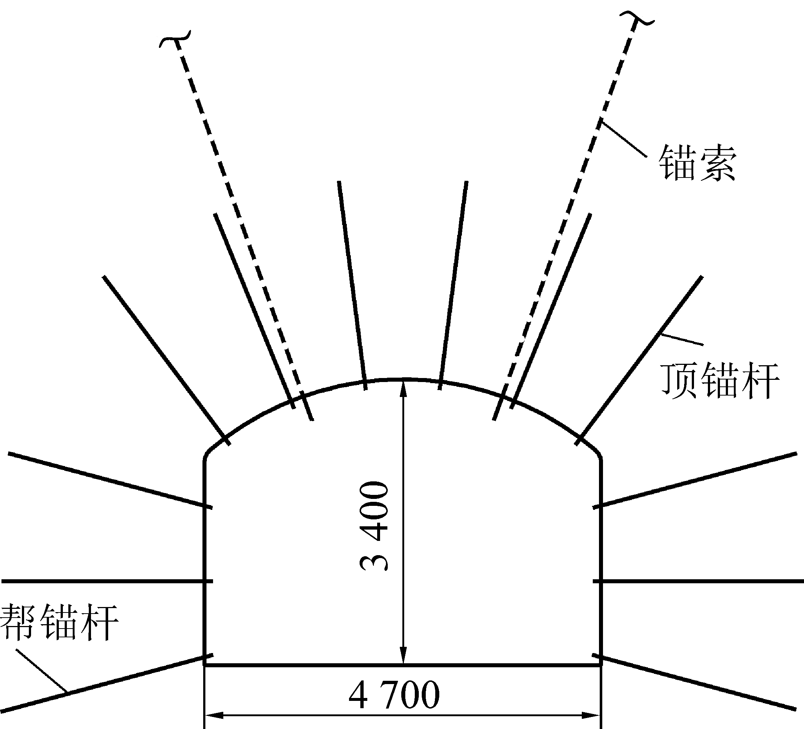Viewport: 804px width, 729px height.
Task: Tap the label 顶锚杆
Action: [x=720, y=381]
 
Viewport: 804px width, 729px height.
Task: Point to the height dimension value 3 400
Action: [x=374, y=527]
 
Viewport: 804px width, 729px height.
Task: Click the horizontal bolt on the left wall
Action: [x=104, y=581]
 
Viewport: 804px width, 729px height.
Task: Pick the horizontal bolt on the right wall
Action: [x=698, y=581]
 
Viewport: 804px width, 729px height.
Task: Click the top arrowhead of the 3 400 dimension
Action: [x=403, y=387]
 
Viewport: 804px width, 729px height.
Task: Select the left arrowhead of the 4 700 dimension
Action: [x=213, y=716]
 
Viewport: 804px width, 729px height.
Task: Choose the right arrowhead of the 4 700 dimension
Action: [x=592, y=716]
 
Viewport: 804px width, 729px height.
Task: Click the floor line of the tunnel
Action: [x=403, y=665]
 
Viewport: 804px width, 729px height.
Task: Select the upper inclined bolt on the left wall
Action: [x=110, y=480]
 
